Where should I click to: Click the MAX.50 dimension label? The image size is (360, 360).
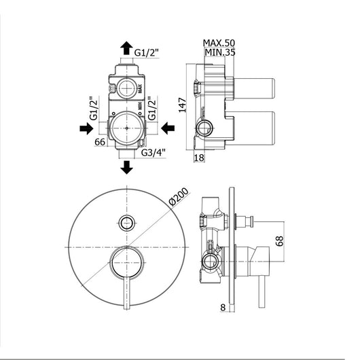click(x=219, y=43)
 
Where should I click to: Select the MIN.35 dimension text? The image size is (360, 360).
click(x=219, y=52)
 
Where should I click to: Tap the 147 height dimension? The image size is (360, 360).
click(x=182, y=105)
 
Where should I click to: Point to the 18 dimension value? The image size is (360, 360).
click(x=199, y=158)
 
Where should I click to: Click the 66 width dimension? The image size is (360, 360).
click(x=100, y=142)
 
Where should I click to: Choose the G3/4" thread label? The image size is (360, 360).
click(x=153, y=152)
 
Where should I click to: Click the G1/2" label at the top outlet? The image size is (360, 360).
click(x=147, y=53)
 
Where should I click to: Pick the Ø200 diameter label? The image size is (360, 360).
click(x=179, y=196)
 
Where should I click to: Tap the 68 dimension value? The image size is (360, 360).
click(x=279, y=241)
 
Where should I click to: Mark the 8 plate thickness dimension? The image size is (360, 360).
click(x=223, y=308)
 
